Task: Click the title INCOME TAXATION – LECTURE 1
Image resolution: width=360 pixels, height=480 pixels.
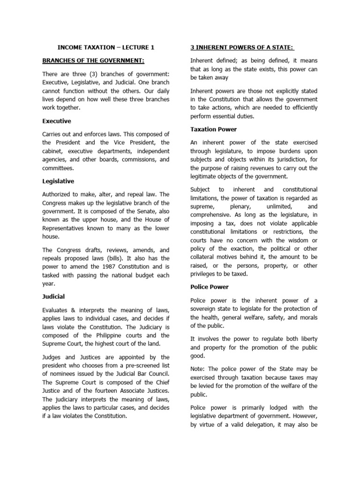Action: tap(105, 47)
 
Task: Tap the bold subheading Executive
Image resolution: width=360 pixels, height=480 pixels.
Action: tap(57, 121)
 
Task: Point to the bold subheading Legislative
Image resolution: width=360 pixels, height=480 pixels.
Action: tap(58, 181)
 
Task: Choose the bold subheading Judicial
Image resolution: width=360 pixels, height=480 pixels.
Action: tap(53, 296)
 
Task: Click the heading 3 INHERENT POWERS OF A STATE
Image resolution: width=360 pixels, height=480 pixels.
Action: tap(239, 47)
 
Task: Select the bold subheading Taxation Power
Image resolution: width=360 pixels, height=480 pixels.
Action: tap(213, 129)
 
